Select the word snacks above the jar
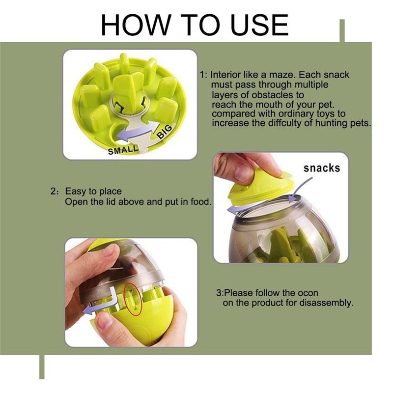point(322,168)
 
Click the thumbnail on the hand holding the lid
point(242,172)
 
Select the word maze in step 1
point(277,75)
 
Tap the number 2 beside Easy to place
point(53,192)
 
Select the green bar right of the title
point(342,31)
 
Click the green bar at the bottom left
point(42,366)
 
